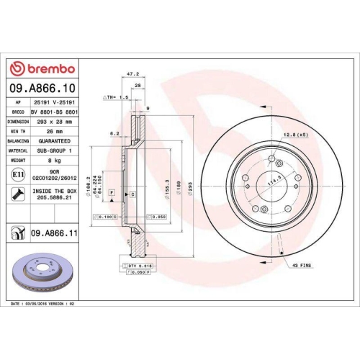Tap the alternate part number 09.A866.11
(55, 233)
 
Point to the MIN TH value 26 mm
(55, 132)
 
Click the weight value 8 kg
(55, 161)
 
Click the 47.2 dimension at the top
(132, 73)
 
